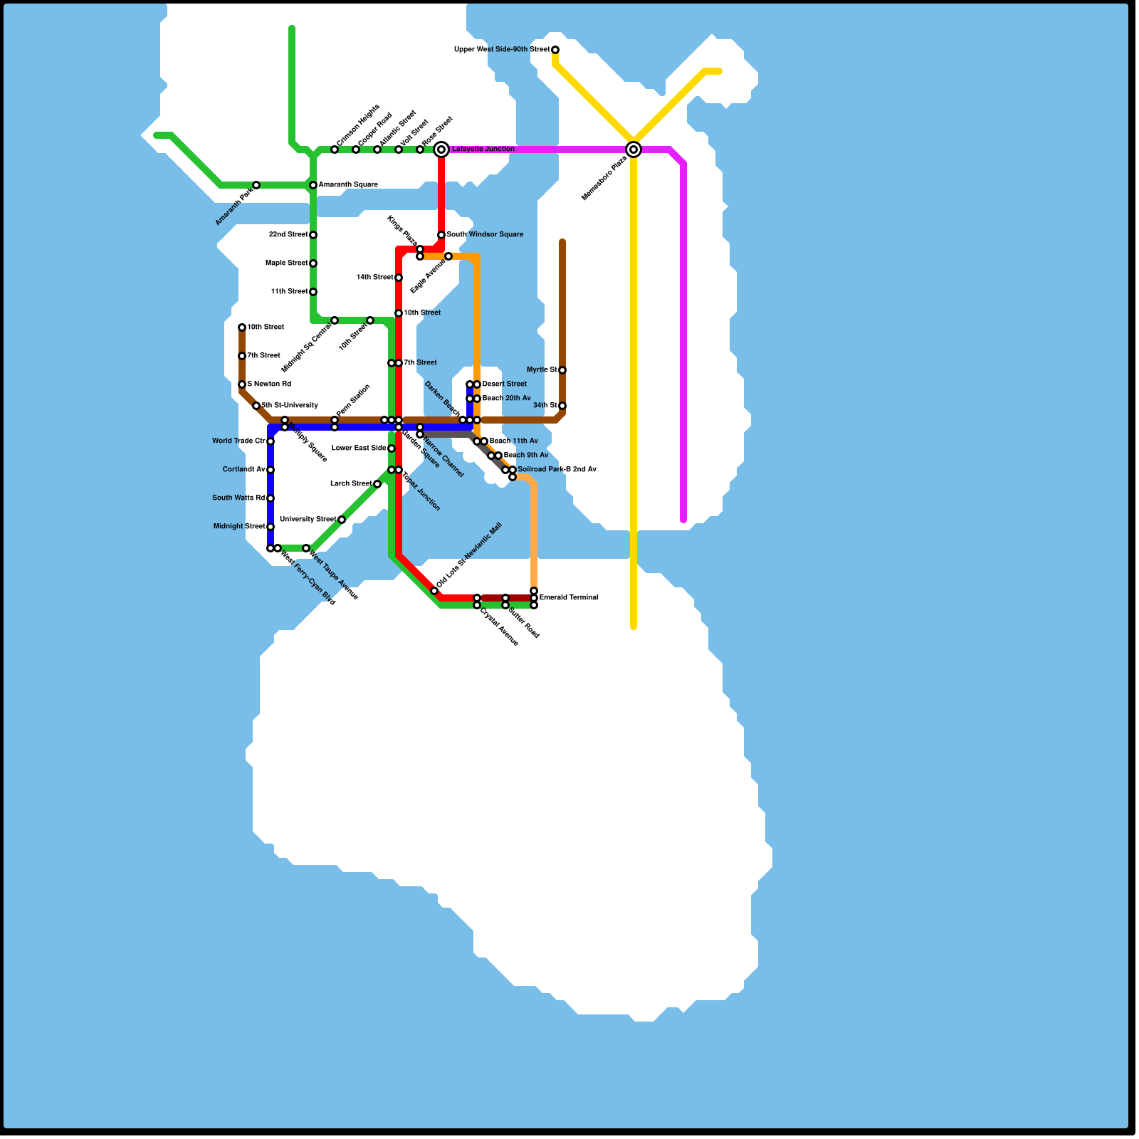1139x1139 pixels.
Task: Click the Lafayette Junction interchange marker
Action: click(x=441, y=149)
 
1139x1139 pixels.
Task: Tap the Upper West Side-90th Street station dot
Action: click(x=555, y=50)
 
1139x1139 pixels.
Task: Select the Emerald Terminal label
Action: click(x=569, y=598)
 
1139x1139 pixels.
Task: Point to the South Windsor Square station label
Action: click(x=485, y=235)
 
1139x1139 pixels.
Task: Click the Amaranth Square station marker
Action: click(x=313, y=185)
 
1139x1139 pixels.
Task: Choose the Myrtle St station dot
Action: click(x=562, y=370)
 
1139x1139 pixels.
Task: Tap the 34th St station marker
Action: click(x=562, y=406)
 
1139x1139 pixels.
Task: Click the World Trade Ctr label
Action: click(x=238, y=441)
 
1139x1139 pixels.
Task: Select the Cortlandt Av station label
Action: click(x=243, y=470)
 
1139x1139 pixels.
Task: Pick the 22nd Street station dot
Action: click(x=313, y=235)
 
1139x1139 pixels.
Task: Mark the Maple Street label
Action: click(x=286, y=263)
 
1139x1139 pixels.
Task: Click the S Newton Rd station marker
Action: click(x=242, y=384)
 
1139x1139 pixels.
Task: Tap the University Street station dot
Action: click(x=342, y=520)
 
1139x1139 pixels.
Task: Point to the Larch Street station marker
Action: click(x=377, y=484)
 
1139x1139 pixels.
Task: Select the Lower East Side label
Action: click(x=359, y=448)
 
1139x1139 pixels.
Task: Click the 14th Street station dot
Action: click(x=399, y=278)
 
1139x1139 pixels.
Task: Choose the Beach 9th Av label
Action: click(x=526, y=456)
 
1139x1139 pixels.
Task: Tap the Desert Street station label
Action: click(x=505, y=384)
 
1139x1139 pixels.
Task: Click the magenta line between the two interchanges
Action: click(x=541, y=149)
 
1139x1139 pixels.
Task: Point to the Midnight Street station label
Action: click(x=239, y=527)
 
